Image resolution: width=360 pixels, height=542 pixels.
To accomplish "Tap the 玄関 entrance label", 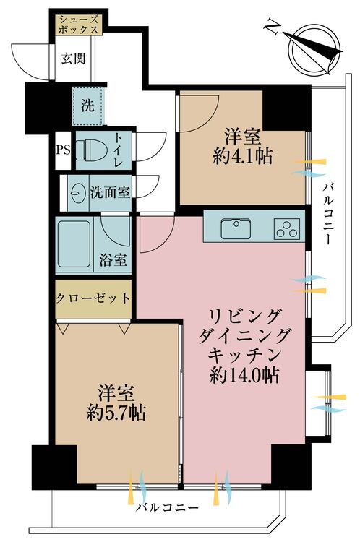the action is [73, 58].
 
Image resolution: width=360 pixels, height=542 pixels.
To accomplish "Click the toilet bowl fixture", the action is [88, 150].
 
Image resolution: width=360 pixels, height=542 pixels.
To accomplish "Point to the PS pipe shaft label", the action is [64, 150].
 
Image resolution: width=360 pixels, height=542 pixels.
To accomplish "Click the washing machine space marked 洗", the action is [87, 106].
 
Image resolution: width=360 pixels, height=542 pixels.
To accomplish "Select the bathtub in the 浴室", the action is [74, 244].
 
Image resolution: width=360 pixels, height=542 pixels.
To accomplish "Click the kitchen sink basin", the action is [236, 228].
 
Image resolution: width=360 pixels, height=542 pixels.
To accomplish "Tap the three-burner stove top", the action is [287, 229].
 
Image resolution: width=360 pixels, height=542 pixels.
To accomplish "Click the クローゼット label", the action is [93, 298].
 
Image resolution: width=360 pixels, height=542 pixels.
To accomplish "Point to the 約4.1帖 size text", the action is [242, 157].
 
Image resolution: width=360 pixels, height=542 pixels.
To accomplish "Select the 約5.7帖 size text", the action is [116, 413].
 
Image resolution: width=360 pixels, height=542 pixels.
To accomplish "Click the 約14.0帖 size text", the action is [244, 374].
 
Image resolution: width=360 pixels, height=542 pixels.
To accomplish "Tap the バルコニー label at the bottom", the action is [167, 508].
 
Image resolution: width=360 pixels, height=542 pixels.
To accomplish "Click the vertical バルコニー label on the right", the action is [329, 215].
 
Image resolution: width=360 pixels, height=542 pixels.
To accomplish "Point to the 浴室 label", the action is [113, 260].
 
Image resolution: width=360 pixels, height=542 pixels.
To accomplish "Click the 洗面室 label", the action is [110, 192].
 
